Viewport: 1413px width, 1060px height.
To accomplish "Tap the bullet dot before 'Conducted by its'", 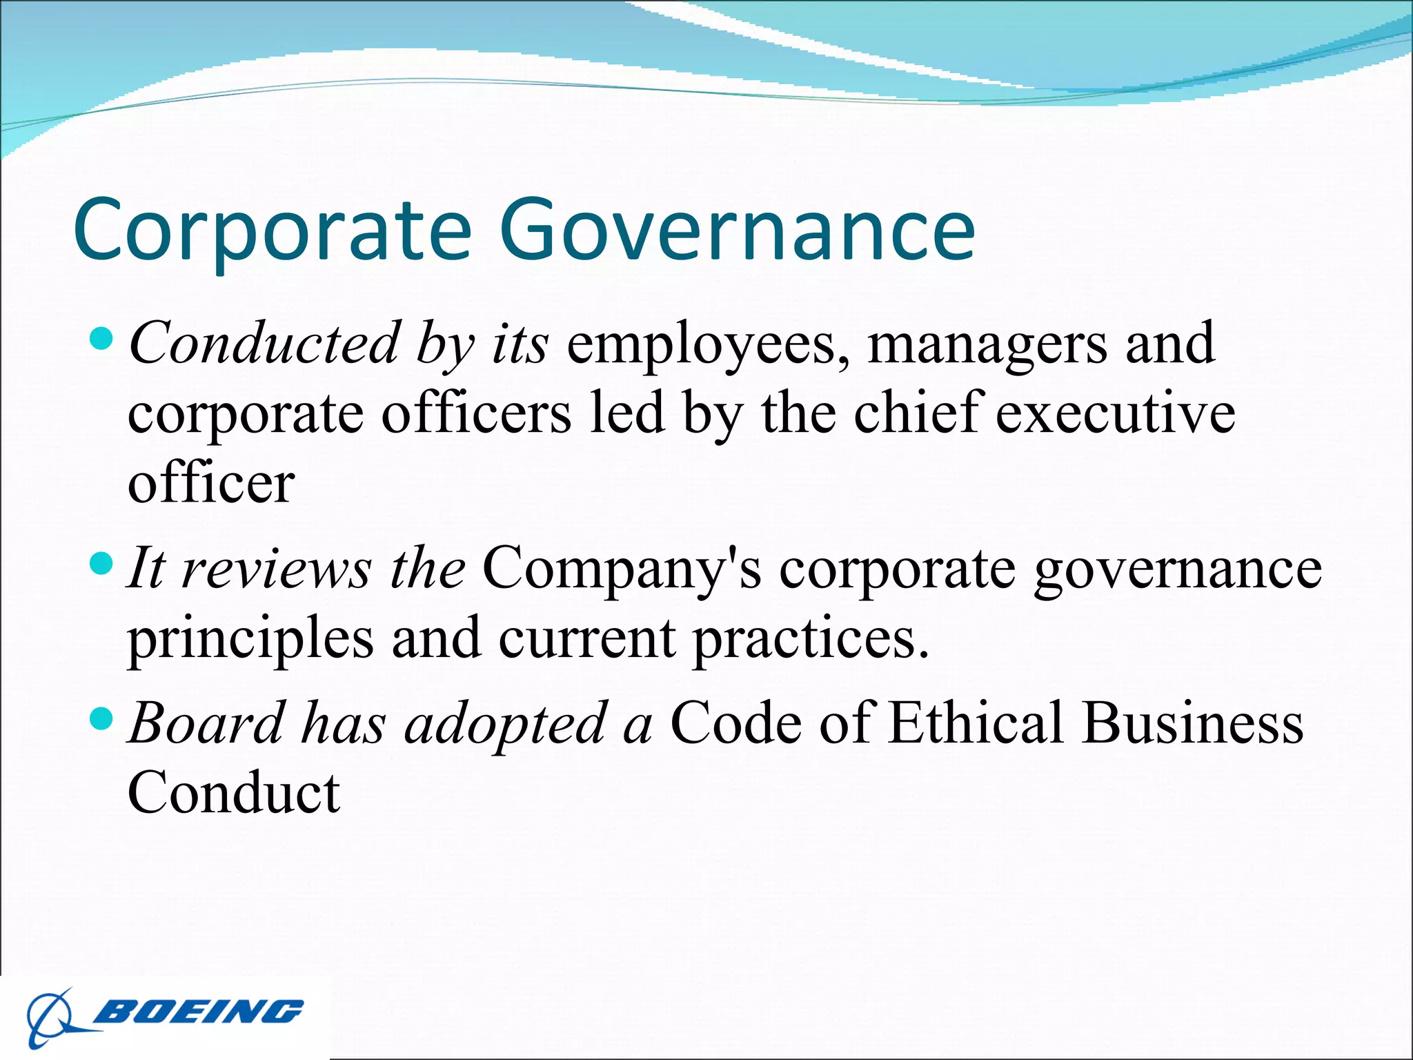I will pos(101,338).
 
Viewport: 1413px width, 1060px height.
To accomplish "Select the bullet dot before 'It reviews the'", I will pos(101,564).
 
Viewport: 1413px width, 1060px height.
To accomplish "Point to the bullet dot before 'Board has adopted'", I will pos(101,720).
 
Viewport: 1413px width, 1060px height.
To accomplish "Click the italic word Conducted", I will pos(264,343).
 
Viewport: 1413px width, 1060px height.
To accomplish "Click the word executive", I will pos(1116,413).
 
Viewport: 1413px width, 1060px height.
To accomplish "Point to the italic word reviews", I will pos(277,569).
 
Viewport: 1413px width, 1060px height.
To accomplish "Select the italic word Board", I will pos(206,723).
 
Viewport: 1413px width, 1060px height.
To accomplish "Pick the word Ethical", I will pos(976,723).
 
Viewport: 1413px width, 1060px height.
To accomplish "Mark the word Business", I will pos(1193,723).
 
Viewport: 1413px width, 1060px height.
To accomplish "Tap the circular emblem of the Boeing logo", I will pos(50,1018).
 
